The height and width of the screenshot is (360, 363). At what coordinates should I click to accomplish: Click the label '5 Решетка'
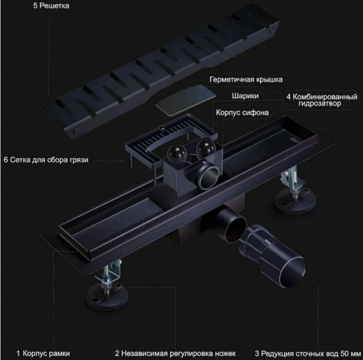pyautogui.click(x=51, y=5)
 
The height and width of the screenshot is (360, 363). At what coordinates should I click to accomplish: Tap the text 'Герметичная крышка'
pyautogui.click(x=246, y=80)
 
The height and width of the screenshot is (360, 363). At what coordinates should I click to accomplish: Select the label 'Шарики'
pyautogui.click(x=245, y=96)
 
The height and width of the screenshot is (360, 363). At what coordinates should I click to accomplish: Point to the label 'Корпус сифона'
pyautogui.click(x=242, y=113)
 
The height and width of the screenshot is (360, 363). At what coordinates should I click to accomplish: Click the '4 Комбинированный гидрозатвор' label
pyautogui.click(x=322, y=100)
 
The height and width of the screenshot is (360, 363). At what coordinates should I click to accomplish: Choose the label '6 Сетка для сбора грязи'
pyautogui.click(x=46, y=160)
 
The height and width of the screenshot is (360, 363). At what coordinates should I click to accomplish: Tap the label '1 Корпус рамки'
pyautogui.click(x=43, y=353)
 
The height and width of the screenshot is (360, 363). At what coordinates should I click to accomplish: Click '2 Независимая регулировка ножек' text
pyautogui.click(x=175, y=353)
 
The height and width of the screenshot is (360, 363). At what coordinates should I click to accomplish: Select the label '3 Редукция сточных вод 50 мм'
pyautogui.click(x=308, y=353)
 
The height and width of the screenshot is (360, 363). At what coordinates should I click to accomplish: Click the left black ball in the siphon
pyautogui.click(x=177, y=153)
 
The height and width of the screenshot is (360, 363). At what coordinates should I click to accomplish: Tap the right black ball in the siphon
pyautogui.click(x=206, y=148)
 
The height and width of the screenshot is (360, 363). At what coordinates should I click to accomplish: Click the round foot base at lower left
pyautogui.click(x=107, y=296)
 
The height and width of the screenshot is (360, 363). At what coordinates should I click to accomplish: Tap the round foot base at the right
pyautogui.click(x=296, y=201)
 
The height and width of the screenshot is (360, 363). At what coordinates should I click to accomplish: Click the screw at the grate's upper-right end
pyautogui.click(x=271, y=30)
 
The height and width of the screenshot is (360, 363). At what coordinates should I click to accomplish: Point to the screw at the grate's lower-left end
pyautogui.click(x=75, y=131)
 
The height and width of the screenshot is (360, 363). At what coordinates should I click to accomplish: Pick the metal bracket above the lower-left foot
pyautogui.click(x=108, y=272)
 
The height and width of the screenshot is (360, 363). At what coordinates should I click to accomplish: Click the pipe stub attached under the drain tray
pyautogui.click(x=231, y=223)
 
